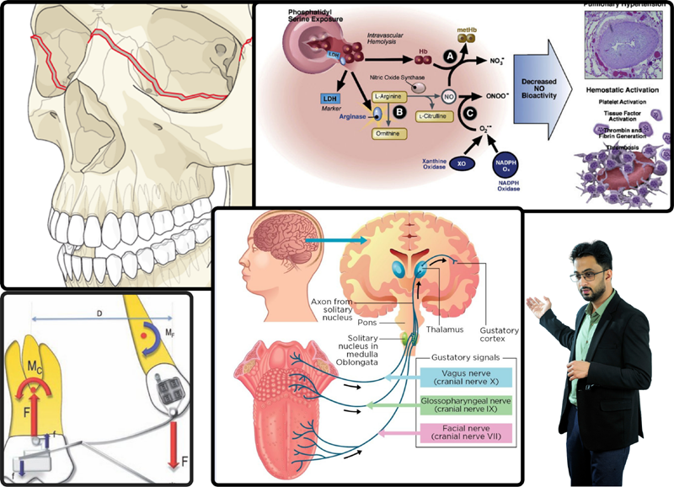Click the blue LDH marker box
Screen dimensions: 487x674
(x=329, y=99)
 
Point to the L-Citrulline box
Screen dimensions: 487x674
(x=431, y=115)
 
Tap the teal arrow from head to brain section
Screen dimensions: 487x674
(x=337, y=241)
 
